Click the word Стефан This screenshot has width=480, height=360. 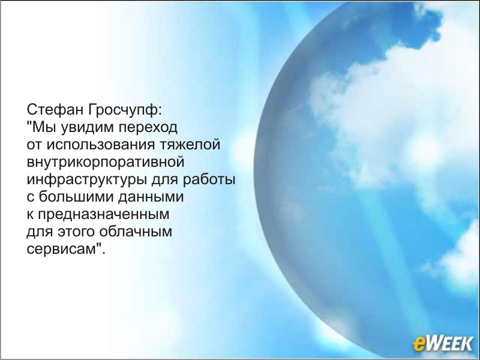pyautogui.click(x=55, y=110)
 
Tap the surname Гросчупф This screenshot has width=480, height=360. pyautogui.click(x=124, y=110)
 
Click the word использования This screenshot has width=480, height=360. pyautogui.click(x=100, y=145)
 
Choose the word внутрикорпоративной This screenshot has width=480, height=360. pyautogui.click(x=106, y=163)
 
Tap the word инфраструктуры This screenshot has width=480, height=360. pyautogui.click(x=86, y=180)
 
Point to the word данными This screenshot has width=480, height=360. pyautogui.click(x=151, y=197)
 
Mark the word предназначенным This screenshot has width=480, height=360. pyautogui.click(x=103, y=215)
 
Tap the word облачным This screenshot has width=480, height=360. pyautogui.click(x=136, y=231)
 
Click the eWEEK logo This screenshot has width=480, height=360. pyautogui.click(x=443, y=343)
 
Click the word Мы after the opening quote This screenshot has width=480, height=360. pyautogui.click(x=43, y=127)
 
